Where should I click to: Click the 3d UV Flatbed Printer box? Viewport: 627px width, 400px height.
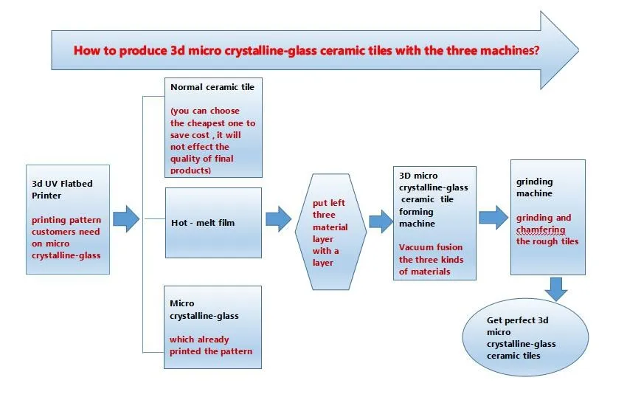tap(67, 219)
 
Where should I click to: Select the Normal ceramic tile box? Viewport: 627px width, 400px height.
tap(212, 127)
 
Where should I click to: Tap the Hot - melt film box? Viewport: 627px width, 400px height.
tap(212, 222)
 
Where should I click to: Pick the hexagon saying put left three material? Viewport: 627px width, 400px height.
tap(330, 221)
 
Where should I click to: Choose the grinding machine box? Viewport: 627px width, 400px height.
tap(548, 218)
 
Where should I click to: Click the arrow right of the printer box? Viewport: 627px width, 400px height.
tap(126, 219)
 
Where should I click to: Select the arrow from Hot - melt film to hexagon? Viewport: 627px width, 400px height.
tap(278, 218)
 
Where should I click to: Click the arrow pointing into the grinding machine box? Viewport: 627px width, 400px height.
tap(493, 217)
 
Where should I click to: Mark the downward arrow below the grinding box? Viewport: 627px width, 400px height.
tap(557, 288)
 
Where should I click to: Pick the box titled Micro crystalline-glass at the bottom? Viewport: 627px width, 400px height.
tap(212, 327)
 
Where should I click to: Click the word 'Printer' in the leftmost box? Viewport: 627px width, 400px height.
tap(47, 196)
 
